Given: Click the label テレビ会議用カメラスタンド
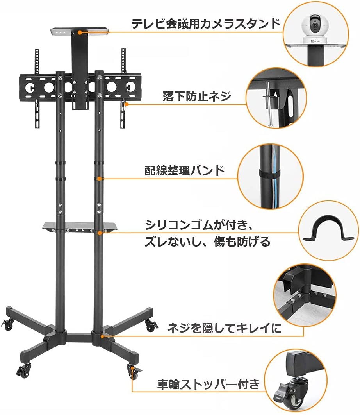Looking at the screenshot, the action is coord(205,24).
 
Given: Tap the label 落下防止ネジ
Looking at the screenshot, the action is coord(197,96).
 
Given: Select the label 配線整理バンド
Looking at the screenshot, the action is coord(184,170).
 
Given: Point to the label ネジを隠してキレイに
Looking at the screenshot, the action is coord(224,328).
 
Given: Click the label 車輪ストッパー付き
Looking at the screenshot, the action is coord(209,384).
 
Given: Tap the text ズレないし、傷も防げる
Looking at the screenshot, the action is coord(207,241).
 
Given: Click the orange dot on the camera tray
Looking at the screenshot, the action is coord(79,32).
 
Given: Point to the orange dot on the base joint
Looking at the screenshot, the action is coord(102,336).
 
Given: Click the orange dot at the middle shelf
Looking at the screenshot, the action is coord(100,233).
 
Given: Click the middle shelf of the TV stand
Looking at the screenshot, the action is coord(80,227).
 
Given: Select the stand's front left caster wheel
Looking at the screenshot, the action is coord(23,370).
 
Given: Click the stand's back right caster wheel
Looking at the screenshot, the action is coord(151,326).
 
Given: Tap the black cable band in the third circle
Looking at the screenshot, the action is coord(269,174).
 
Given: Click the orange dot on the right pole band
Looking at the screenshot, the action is coord(99,179).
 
